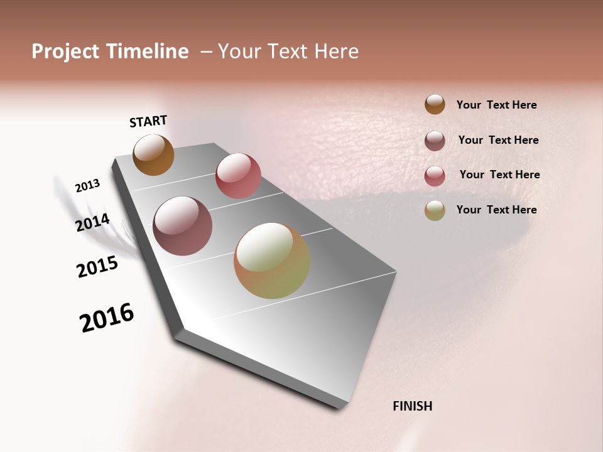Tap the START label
pos(148,121)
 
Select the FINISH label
pos(412,406)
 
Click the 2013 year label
pos(87,186)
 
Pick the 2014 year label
pos(92,223)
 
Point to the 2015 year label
pos(97,267)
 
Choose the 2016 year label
pos(107,318)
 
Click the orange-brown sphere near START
pos(153,155)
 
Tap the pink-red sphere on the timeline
pos(238,176)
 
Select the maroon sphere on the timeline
pos(182,226)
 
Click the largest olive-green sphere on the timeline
pos(272,261)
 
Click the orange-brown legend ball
pos(435,105)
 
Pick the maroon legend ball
pos(435,141)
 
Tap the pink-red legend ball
pos(435,176)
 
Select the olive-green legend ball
pos(435,211)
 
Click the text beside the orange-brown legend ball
pos(496,105)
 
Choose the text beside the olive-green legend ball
pos(496,210)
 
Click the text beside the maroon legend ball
pos(498,140)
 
